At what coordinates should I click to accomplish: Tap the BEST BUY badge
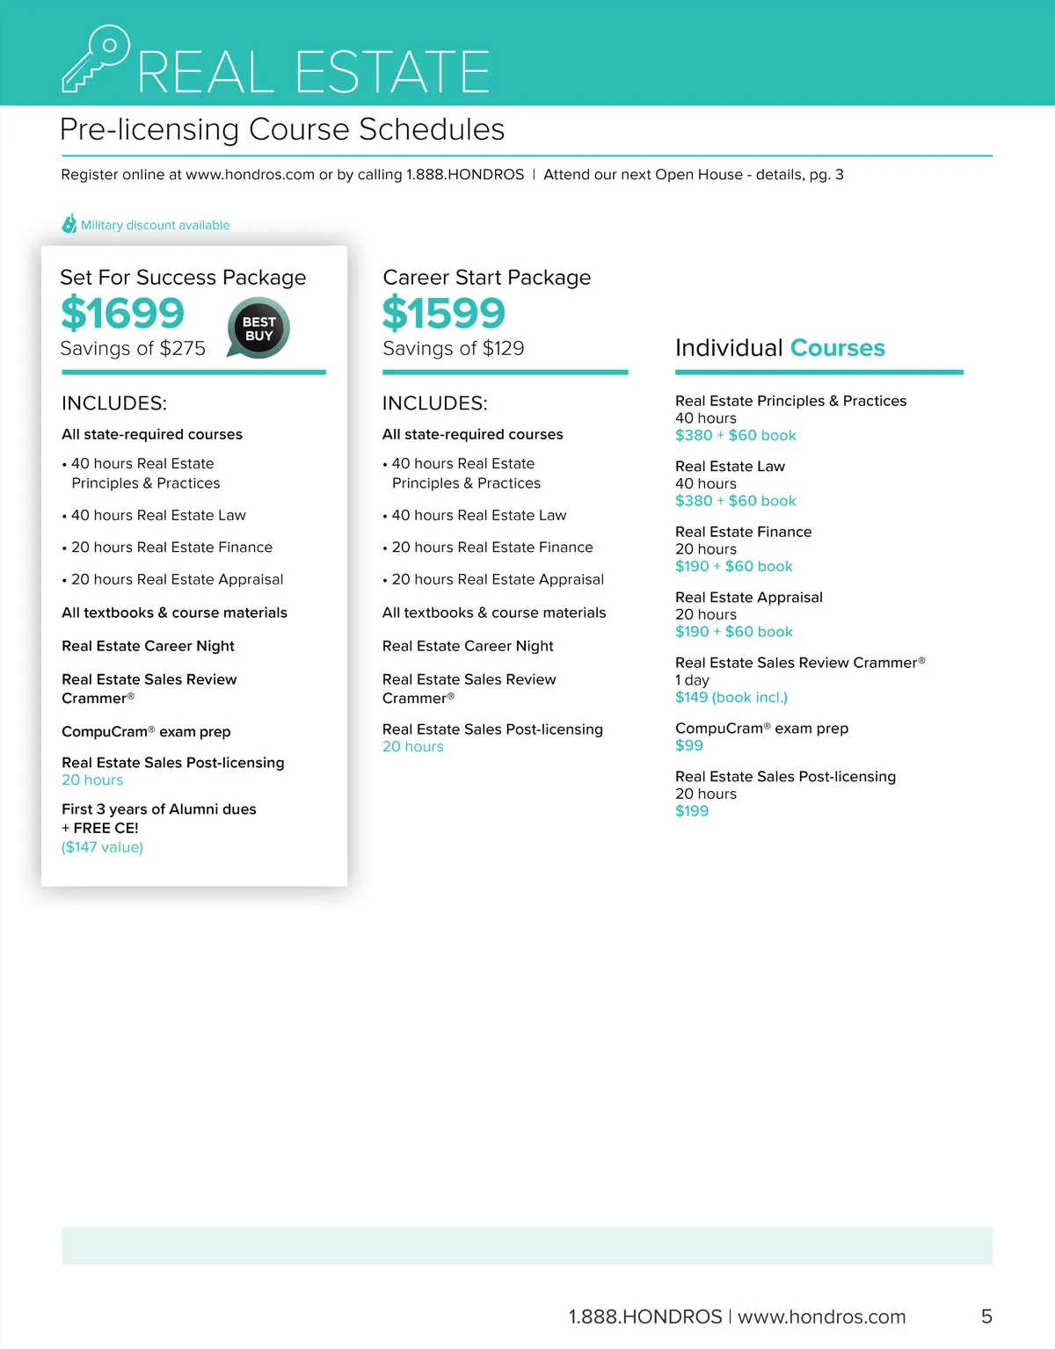[258, 329]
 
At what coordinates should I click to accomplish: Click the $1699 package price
[122, 314]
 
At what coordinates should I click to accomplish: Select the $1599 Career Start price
[444, 314]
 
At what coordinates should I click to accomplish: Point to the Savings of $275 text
[133, 349]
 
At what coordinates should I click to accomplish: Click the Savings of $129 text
[454, 349]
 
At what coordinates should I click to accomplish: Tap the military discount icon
[69, 224]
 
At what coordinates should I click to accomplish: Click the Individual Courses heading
[780, 348]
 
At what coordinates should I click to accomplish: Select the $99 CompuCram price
[689, 745]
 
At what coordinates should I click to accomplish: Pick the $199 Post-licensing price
[692, 811]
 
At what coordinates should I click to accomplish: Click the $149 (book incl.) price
[731, 698]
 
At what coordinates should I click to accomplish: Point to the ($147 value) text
[102, 847]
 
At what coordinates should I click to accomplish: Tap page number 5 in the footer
[986, 1316]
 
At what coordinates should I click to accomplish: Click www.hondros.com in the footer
[821, 1316]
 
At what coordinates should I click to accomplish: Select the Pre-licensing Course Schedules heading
[282, 130]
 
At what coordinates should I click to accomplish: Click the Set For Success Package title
[183, 278]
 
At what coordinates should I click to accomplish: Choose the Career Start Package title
[487, 278]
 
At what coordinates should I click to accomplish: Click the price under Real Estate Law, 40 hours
[736, 501]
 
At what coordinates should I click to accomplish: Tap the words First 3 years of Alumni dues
[159, 809]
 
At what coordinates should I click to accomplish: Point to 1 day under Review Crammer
[692, 680]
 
